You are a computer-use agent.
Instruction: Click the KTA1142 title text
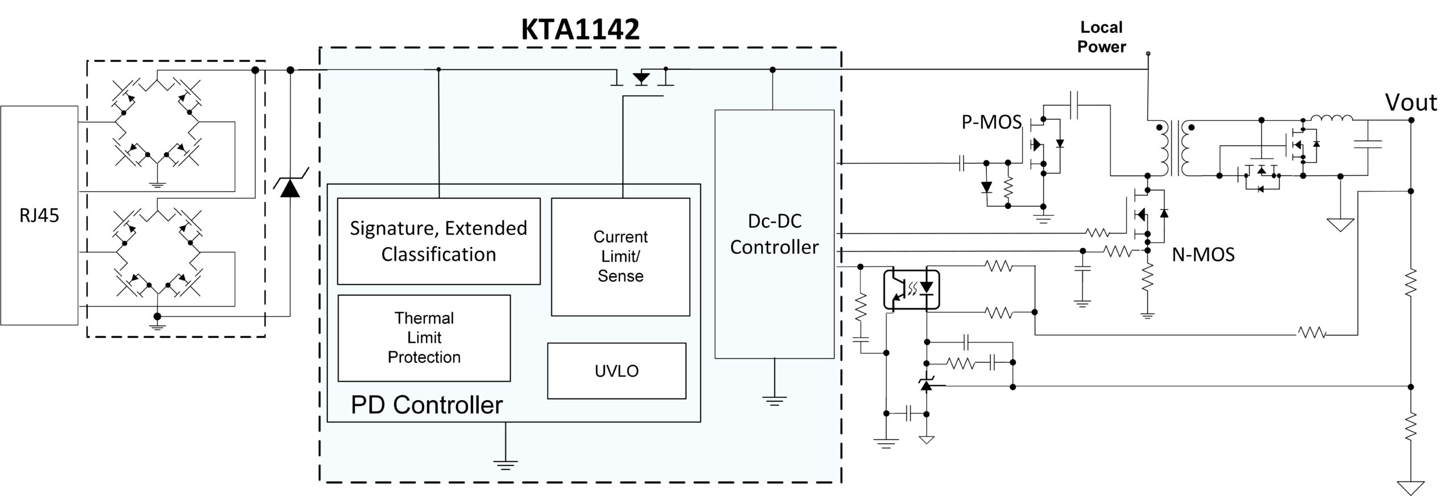coord(580,29)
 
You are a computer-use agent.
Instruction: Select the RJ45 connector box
coord(39,215)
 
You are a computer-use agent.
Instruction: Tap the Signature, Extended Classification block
coord(438,241)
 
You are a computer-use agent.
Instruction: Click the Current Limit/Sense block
coord(621,257)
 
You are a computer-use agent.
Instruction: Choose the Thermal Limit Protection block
coord(424,338)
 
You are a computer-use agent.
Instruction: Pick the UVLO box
coord(617,371)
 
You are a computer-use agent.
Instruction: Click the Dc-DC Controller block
coord(774,234)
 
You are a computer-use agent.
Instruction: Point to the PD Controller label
coord(427,405)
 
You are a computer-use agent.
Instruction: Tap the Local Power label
coord(1101,37)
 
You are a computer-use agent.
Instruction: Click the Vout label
coord(1411,103)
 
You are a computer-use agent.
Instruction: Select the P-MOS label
coord(991,122)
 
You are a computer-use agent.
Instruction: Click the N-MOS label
coord(1203,255)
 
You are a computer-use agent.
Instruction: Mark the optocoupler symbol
coord(912,290)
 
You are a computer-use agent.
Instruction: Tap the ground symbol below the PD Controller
coord(505,464)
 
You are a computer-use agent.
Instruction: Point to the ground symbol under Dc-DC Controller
coord(774,401)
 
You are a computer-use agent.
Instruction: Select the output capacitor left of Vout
coord(1367,144)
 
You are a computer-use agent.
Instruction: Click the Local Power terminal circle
coord(1149,54)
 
